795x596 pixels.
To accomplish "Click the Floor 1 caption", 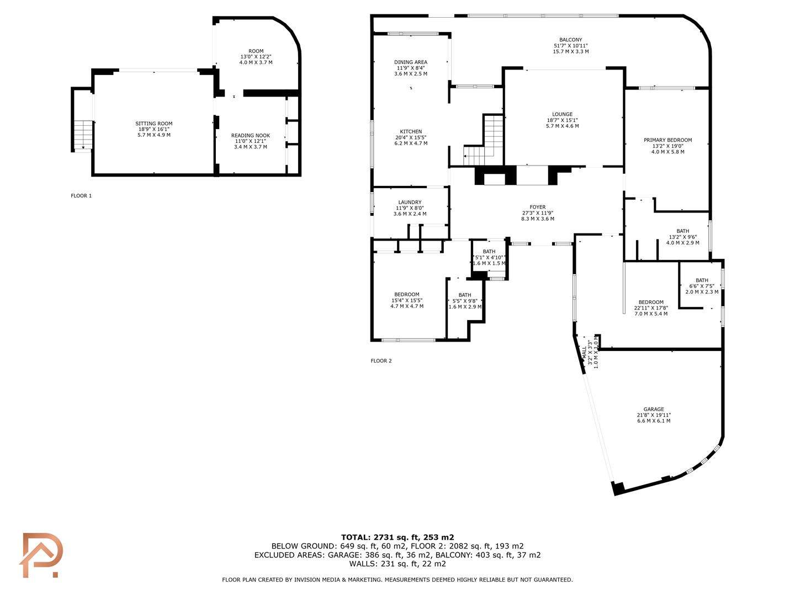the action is pos(81,196).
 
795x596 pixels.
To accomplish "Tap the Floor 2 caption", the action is pos(381,361).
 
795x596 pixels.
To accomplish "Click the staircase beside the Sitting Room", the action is pos(83,135).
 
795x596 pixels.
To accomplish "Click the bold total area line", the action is pos(397,538).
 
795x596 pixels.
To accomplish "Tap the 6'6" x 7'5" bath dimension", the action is pos(702,286).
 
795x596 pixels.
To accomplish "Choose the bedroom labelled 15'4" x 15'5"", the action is pos(407,300).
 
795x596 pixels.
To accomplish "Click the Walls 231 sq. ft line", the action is pos(397,564).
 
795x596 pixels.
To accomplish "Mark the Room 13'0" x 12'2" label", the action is pos(256,57).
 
